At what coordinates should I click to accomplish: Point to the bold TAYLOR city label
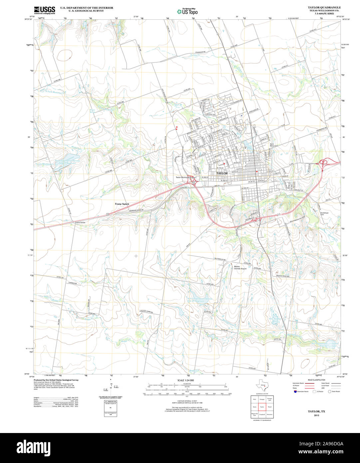click(x=222, y=174)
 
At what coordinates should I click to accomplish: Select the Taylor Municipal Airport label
click(x=185, y=178)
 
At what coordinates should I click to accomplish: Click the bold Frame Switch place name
click(x=122, y=204)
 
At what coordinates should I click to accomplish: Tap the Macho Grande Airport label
click(x=240, y=267)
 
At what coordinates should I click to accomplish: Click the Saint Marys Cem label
click(x=274, y=145)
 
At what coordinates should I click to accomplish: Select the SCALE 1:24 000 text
click(x=185, y=380)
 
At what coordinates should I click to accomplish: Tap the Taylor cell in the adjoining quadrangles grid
click(x=262, y=407)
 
